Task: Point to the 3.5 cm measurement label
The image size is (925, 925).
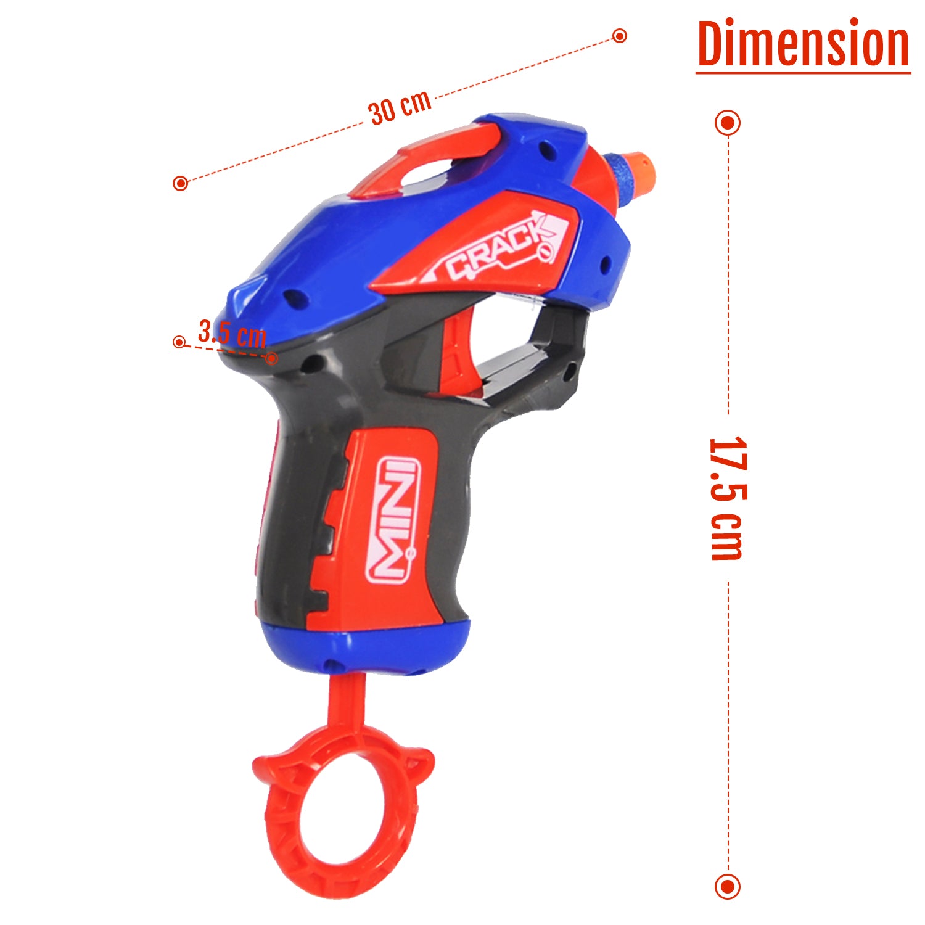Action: click(232, 334)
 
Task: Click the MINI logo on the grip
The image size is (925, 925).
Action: click(393, 519)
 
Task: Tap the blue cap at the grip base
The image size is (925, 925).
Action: click(364, 647)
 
